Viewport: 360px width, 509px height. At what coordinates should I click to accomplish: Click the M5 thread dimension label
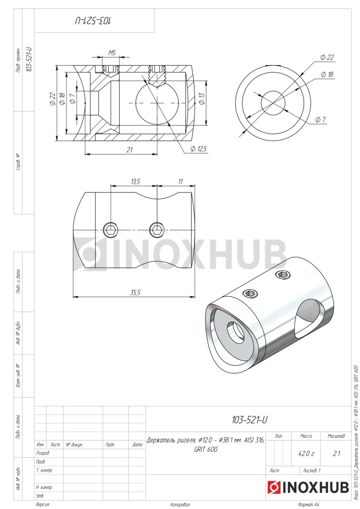coord(112,53)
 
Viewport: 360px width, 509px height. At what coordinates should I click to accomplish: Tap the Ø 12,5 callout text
coord(198,149)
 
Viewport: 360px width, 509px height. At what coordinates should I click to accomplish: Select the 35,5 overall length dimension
coord(135,293)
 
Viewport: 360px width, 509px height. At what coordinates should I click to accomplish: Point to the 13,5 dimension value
coord(136,182)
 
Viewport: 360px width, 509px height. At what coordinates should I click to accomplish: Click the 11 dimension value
coord(181,182)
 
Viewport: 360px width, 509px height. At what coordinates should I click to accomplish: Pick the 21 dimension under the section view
coord(130,150)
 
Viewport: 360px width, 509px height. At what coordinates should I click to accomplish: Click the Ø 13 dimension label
coord(202,99)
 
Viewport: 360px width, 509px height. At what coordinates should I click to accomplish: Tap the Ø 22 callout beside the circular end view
coord(327,57)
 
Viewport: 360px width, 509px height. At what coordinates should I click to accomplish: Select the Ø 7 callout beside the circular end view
coord(321,119)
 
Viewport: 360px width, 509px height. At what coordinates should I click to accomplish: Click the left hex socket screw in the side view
coord(111,230)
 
